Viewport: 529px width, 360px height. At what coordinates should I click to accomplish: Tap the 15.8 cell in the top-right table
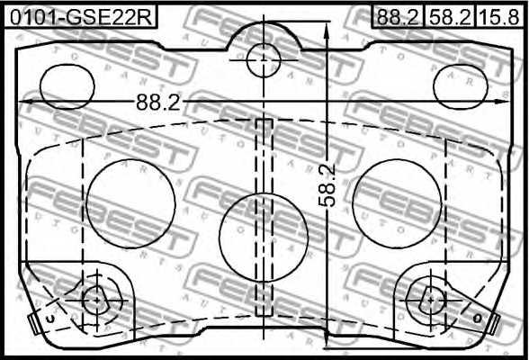pos(499,15)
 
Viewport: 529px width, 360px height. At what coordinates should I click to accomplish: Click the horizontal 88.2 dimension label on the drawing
pos(158,103)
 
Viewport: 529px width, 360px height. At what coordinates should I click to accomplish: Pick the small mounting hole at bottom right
pos(434,298)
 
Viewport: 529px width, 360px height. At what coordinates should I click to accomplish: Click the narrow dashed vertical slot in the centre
pos(264,216)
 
